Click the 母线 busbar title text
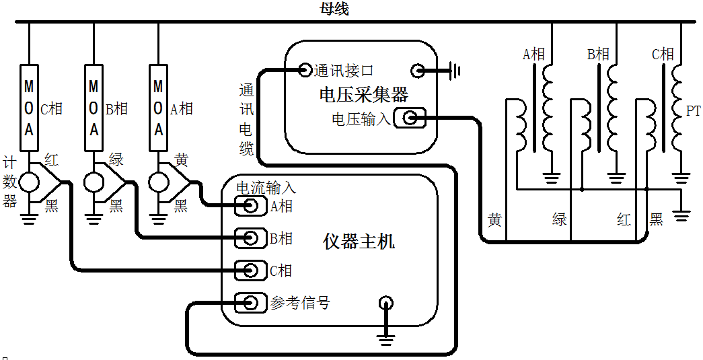(x=334, y=9)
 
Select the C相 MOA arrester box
(x=29, y=108)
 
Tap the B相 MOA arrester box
(x=94, y=108)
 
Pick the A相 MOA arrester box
(x=158, y=108)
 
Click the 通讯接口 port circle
(x=305, y=70)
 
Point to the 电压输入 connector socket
(x=411, y=118)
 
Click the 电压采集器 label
(x=363, y=94)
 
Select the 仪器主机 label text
(x=359, y=241)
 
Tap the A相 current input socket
(x=250, y=206)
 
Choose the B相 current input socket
(x=250, y=238)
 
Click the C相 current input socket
(x=250, y=270)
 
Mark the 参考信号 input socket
(x=250, y=302)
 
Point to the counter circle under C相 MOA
(x=29, y=182)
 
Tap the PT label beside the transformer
(x=693, y=110)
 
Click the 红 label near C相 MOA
(x=51, y=159)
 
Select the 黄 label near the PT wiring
(x=494, y=219)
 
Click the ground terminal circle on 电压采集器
(x=418, y=70)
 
